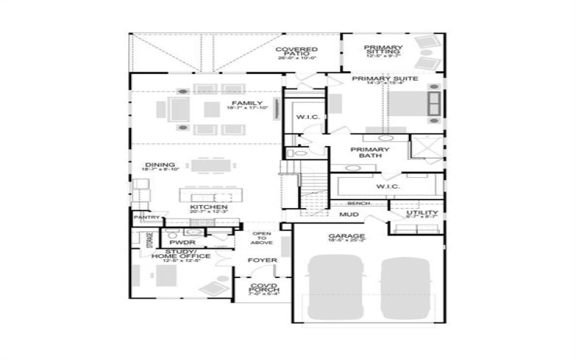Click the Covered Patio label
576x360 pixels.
(292, 52)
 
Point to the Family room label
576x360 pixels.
(247, 104)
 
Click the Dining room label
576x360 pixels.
(159, 164)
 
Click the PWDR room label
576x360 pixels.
(177, 243)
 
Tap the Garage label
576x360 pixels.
(346, 237)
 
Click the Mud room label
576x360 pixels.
(349, 215)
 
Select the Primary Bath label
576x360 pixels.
(369, 152)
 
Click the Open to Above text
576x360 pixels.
(261, 238)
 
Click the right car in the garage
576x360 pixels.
(405, 291)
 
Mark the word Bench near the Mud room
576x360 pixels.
(359, 204)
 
